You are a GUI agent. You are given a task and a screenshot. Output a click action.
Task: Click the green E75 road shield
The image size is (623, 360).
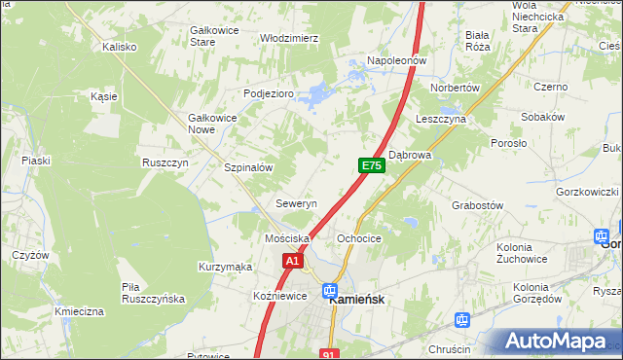pyautogui.click(x=371, y=166)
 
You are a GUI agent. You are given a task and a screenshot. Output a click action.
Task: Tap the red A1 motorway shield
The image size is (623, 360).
pyautogui.click(x=294, y=261)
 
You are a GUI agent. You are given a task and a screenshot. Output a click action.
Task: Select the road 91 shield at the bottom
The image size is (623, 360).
pyautogui.click(x=329, y=354)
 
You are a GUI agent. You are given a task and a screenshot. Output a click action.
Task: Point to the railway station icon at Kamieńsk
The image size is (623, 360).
pyautogui.click(x=330, y=291)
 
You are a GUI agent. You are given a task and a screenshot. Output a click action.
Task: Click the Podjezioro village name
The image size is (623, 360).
pyautogui.click(x=268, y=93)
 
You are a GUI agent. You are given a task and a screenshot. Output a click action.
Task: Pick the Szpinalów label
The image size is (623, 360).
pyautogui.click(x=248, y=167)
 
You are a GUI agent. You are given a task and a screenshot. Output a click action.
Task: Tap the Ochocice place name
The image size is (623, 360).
pyautogui.click(x=358, y=238)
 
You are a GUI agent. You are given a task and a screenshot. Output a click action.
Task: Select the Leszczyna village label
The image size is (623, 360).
pyautogui.click(x=441, y=118)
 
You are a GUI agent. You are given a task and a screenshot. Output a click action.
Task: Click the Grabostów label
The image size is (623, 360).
pyautogui.click(x=477, y=205)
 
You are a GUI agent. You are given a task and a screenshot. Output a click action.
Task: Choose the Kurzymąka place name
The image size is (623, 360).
pyautogui.click(x=225, y=267)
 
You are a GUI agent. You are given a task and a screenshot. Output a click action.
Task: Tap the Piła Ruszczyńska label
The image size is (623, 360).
pyautogui.click(x=153, y=293)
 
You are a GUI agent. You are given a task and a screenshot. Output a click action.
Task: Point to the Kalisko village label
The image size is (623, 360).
pyautogui.click(x=120, y=46)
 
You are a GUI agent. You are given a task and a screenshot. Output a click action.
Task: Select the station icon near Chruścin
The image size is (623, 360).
pyautogui.click(x=462, y=319)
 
